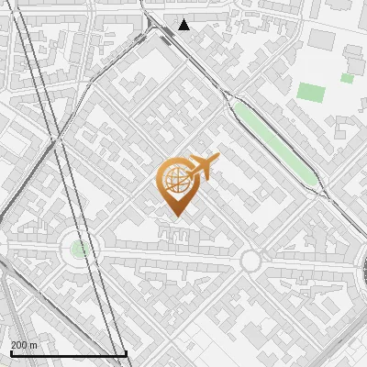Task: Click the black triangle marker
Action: click(183, 24)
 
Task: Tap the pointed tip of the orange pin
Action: click(176, 217)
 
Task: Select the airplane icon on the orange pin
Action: click(204, 167)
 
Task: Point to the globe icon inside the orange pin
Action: click(176, 180)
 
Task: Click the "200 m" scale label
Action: click(24, 345)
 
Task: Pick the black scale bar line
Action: click(68, 353)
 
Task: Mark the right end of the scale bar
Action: click(126, 352)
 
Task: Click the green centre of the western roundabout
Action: click(80, 248)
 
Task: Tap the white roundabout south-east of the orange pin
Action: click(250, 261)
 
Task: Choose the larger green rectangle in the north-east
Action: click(311, 93)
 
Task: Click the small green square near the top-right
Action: click(347, 78)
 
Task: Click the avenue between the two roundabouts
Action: click(165, 253)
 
